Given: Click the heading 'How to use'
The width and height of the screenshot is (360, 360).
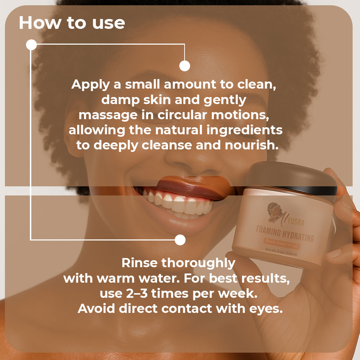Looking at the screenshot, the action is point(72,23).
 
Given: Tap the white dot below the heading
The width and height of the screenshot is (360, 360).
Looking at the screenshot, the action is point(31,45).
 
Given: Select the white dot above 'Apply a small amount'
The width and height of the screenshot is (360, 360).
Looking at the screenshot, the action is point(185,66).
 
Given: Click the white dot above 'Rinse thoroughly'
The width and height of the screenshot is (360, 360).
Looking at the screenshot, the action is point(180,240).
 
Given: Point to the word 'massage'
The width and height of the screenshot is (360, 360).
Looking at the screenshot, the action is point(108,115).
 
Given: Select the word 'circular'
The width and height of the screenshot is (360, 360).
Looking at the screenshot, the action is point(182,115).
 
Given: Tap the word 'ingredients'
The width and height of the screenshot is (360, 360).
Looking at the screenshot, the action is point(244,131).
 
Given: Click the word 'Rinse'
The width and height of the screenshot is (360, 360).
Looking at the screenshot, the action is point(139,263).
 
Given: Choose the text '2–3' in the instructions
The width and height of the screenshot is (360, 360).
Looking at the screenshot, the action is point(137,294).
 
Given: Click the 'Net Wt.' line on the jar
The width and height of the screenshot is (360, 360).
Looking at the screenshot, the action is point(281,252).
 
